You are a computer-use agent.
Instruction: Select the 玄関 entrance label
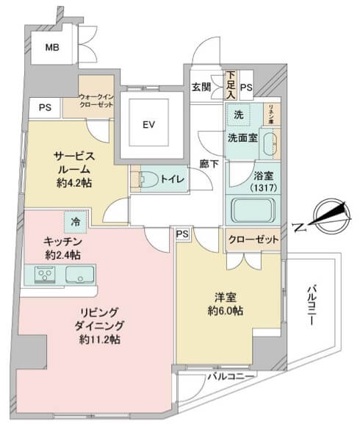tap(201, 87)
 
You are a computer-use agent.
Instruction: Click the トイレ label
tap(173, 179)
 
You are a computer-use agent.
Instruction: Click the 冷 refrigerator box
tap(76, 220)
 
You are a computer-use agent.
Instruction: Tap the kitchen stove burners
tap(45, 276)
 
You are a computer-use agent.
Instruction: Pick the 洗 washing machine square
tap(239, 115)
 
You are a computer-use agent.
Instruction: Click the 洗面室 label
tap(241, 137)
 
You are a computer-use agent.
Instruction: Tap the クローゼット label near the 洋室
tap(253, 240)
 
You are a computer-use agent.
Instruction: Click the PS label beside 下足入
tap(245, 88)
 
